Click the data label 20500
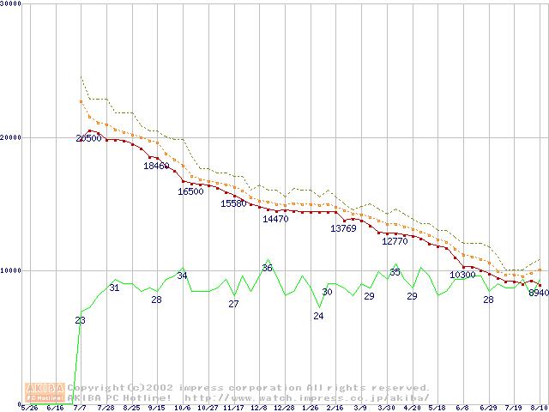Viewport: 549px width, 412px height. pos(88,138)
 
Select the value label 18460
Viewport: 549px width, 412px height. pos(156,166)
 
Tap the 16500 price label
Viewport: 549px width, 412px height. pos(190,191)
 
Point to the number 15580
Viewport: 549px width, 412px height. pos(233,203)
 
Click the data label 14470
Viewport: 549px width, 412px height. pos(275,219)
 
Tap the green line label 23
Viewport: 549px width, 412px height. pos(80,320)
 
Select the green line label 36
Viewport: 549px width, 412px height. pos(267,269)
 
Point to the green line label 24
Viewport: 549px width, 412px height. pos(318,316)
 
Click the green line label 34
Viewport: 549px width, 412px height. pos(182,276)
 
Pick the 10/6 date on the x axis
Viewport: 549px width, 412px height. pos(183,409)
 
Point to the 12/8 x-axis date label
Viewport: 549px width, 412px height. pos(258,409)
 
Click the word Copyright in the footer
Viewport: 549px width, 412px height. pos(95,388)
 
